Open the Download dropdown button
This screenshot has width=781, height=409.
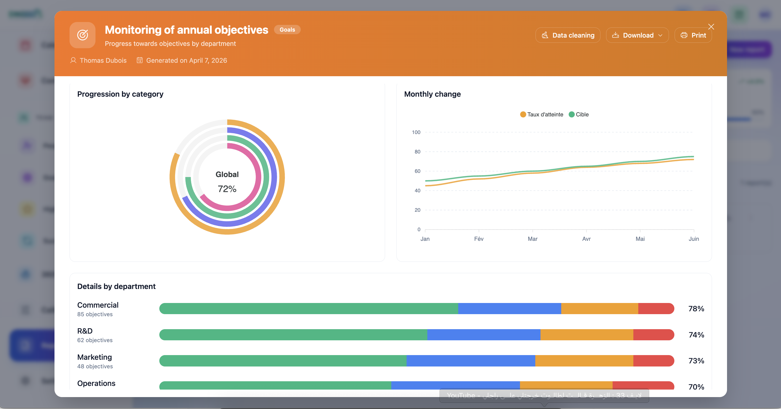coord(637,35)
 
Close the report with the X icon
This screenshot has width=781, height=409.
coord(711,27)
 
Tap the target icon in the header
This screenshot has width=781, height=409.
coord(83,35)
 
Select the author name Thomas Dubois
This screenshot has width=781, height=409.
coord(103,60)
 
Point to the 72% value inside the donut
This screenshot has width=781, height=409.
coord(227,189)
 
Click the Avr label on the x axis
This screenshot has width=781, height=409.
coord(586,239)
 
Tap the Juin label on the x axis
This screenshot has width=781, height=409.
coord(693,239)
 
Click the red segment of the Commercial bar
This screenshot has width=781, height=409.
coord(655,308)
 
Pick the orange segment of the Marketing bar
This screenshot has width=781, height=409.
coord(584,361)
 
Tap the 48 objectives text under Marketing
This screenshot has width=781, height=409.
coord(95,366)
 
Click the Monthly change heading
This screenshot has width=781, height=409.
coord(432,94)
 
